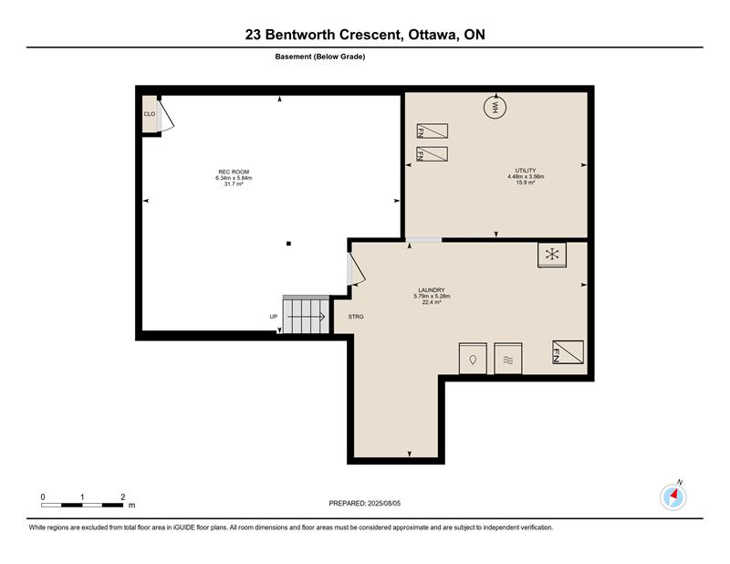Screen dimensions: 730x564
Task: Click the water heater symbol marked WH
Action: pyautogui.click(x=495, y=107)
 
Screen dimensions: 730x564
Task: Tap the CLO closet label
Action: pyautogui.click(x=150, y=114)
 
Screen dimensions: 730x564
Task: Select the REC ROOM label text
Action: pyautogui.click(x=234, y=172)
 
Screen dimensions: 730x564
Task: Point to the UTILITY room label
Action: pyautogui.click(x=526, y=171)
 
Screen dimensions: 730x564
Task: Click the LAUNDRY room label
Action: pyautogui.click(x=432, y=290)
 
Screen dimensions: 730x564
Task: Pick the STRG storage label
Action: pyautogui.click(x=356, y=317)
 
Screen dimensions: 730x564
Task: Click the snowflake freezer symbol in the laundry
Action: pyautogui.click(x=552, y=255)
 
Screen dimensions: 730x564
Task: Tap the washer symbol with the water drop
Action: pyautogui.click(x=473, y=359)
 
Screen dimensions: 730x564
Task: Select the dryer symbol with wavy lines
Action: pyautogui.click(x=508, y=359)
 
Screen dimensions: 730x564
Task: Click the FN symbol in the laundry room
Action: pyautogui.click(x=568, y=351)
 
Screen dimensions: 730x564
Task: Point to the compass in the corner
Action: pyautogui.click(x=673, y=497)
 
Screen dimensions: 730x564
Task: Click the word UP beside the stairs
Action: pyautogui.click(x=273, y=317)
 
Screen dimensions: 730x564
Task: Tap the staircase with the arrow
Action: pyautogui.click(x=306, y=314)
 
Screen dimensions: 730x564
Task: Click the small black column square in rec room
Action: pyautogui.click(x=288, y=244)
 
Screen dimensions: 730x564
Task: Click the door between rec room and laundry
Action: pyautogui.click(x=356, y=268)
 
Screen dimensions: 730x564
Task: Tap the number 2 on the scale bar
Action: pyautogui.click(x=123, y=497)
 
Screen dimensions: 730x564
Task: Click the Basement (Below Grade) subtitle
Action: pyautogui.click(x=320, y=57)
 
